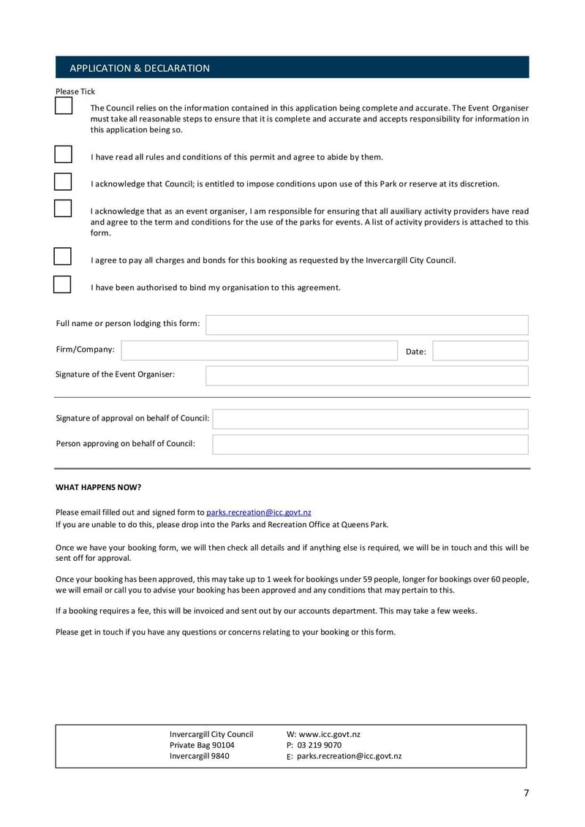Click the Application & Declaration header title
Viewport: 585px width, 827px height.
pyautogui.click(x=139, y=68)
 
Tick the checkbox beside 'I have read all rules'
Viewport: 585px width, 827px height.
pyautogui.click(x=63, y=154)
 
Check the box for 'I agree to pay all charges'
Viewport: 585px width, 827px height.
pyautogui.click(x=63, y=257)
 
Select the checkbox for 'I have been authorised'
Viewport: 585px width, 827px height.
pyautogui.click(x=63, y=284)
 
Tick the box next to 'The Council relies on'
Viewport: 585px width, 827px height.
pyautogui.click(x=64, y=105)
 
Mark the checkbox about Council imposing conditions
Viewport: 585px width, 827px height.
pyautogui.click(x=63, y=181)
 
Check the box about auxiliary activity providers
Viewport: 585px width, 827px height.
pyautogui.click(x=63, y=208)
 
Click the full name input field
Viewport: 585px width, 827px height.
pyautogui.click(x=366, y=325)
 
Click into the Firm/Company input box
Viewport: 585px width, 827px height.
pyautogui.click(x=259, y=350)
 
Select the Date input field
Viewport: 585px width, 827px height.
pyautogui.click(x=480, y=351)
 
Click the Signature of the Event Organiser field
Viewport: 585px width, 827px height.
pyautogui.click(x=366, y=376)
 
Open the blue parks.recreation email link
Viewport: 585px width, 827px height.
pyautogui.click(x=259, y=513)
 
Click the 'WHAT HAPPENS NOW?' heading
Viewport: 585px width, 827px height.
pyautogui.click(x=99, y=488)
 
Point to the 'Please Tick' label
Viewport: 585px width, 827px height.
pyautogui.click(x=75, y=91)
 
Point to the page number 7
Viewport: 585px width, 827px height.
pyautogui.click(x=526, y=793)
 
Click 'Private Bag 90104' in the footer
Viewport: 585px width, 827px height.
pyautogui.click(x=202, y=745)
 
